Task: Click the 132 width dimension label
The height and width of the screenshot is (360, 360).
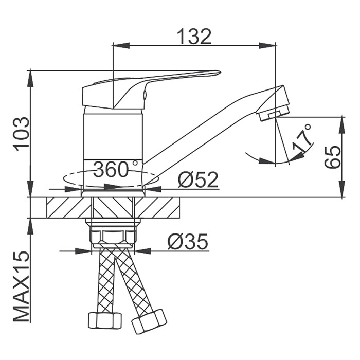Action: click(x=194, y=37)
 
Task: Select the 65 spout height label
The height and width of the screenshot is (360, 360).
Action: click(x=332, y=156)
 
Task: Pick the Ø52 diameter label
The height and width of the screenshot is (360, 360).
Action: click(x=197, y=180)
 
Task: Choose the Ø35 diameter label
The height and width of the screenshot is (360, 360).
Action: click(x=188, y=242)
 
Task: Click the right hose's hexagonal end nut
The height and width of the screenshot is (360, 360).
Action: click(x=149, y=321)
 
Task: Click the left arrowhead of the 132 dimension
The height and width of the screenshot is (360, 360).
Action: click(x=122, y=45)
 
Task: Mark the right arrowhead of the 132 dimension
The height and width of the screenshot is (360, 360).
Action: click(x=267, y=45)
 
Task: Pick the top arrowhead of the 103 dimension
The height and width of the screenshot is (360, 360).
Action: click(x=30, y=79)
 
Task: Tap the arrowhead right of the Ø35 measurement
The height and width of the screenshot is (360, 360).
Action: click(x=142, y=251)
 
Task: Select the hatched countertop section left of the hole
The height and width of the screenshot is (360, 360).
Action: click(x=69, y=208)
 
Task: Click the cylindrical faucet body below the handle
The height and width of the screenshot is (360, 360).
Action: click(x=114, y=147)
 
